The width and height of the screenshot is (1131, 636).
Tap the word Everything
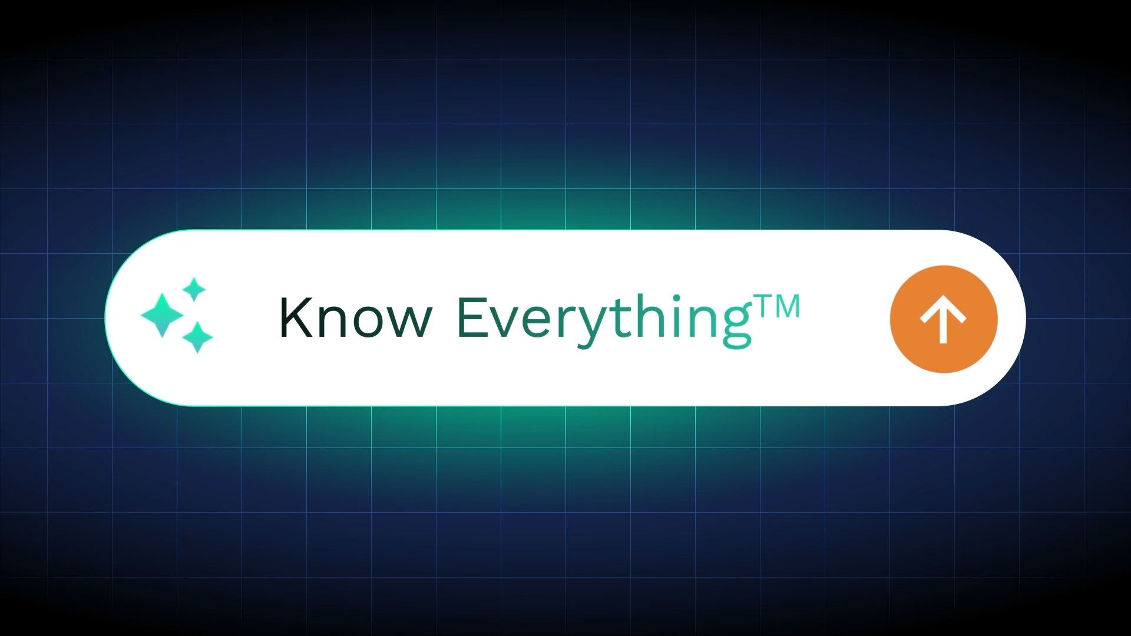[x=605, y=322]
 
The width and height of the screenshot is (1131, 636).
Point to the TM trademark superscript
[x=776, y=307]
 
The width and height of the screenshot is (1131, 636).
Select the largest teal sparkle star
[x=163, y=316]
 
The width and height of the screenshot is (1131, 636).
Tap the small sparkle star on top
[x=193, y=290]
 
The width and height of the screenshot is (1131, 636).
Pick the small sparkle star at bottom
[x=197, y=337]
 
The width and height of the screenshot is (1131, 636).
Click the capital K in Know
[x=295, y=317]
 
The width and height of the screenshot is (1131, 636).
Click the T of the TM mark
[x=764, y=307]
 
